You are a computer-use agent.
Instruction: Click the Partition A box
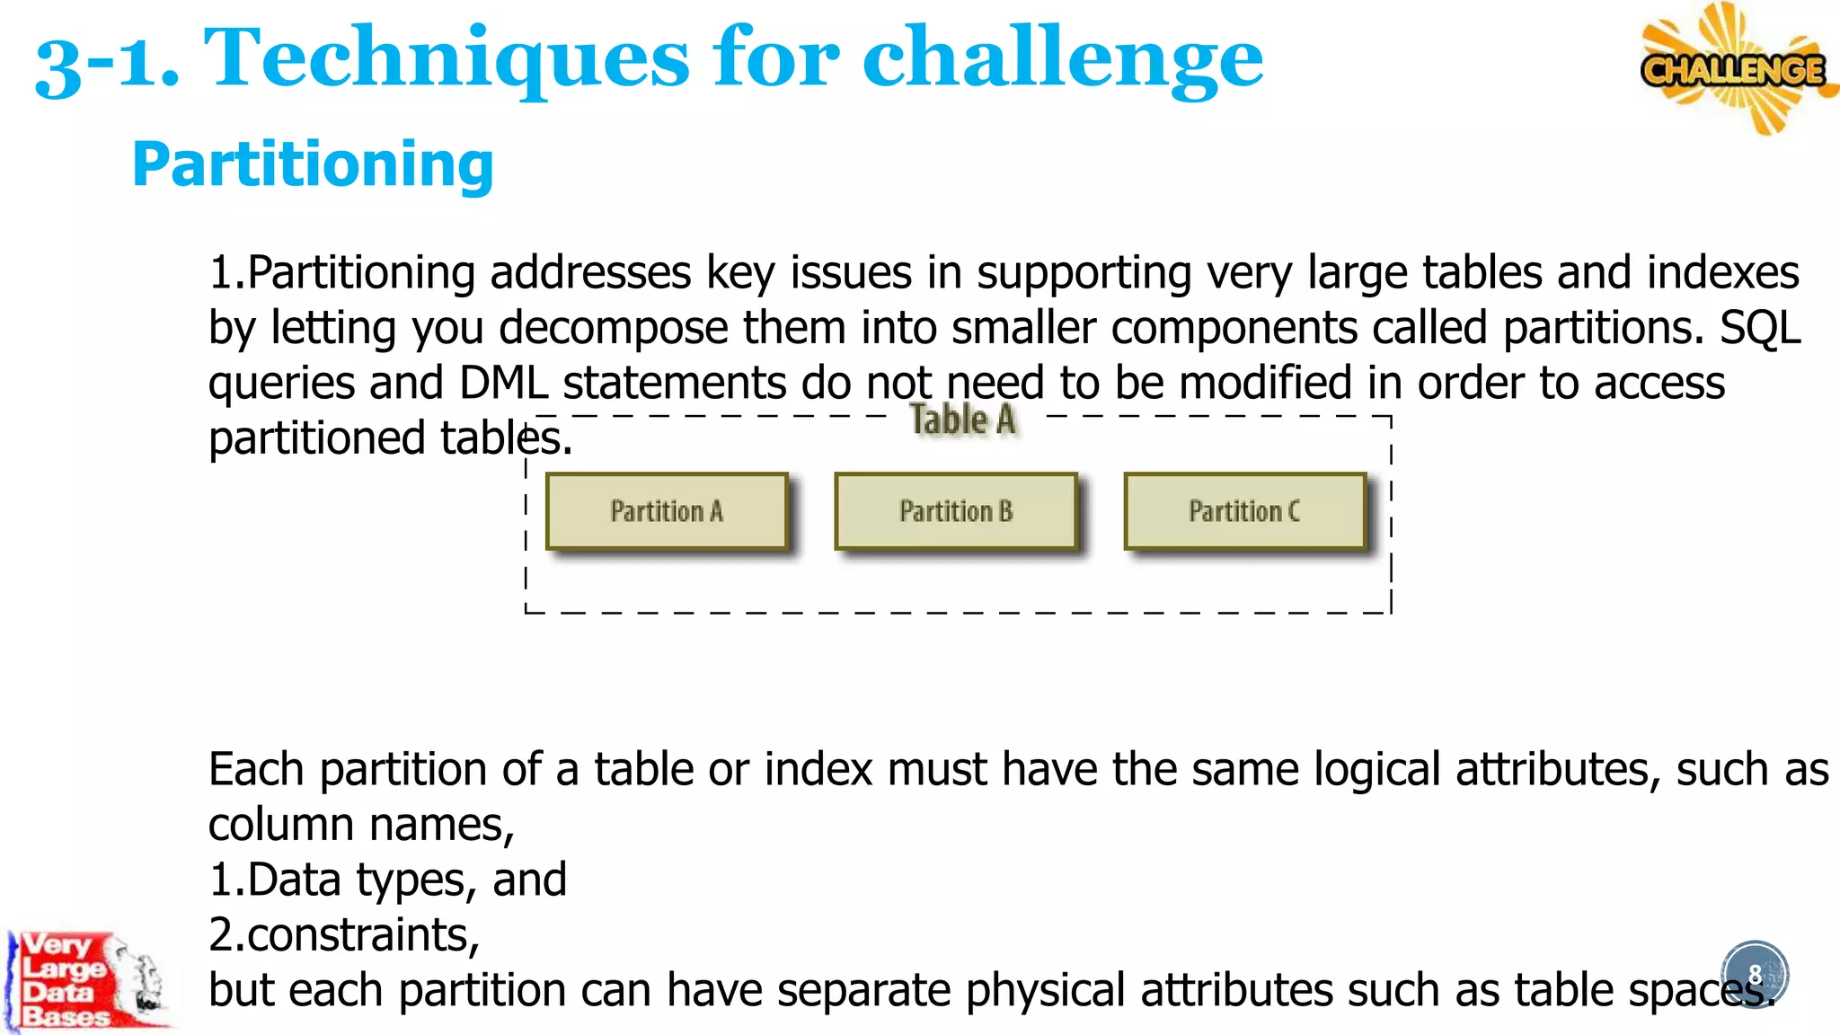667,511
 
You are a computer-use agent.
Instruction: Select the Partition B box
956,511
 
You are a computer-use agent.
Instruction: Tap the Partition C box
1245,511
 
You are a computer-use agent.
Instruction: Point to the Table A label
962,420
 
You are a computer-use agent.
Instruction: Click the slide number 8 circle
1755,974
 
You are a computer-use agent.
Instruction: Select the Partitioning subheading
313,164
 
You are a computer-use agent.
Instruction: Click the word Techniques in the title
447,59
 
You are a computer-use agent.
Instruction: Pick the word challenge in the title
1062,59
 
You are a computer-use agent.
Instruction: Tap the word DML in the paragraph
503,383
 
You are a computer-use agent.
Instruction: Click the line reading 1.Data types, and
387,880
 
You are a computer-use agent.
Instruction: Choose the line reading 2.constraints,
344,935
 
